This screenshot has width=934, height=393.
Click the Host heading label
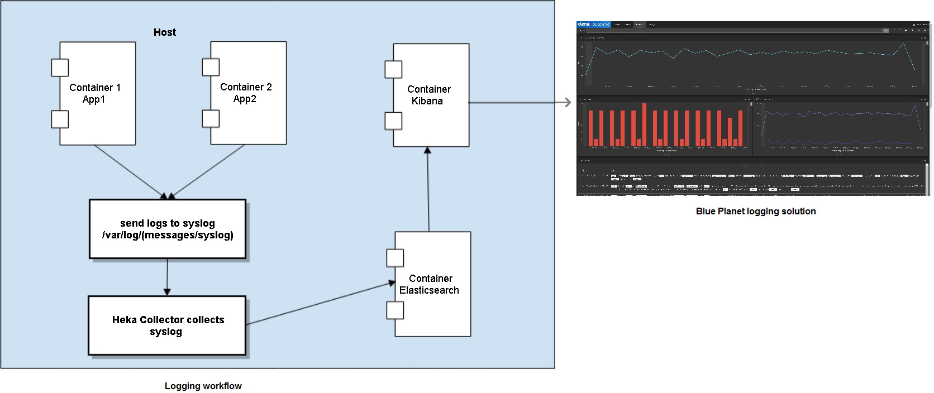[165, 32]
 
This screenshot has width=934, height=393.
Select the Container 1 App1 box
[98, 93]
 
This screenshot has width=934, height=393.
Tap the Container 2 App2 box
[249, 93]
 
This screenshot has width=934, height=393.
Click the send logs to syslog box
[168, 229]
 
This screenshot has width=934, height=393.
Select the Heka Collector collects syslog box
[167, 325]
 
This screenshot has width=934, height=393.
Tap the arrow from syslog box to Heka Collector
[167, 277]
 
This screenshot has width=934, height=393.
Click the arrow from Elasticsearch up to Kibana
[428, 189]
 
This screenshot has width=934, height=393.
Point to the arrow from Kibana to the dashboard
[520, 103]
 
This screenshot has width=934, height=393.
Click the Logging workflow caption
[203, 386]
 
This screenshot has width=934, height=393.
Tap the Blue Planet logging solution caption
[755, 211]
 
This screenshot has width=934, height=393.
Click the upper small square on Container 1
[60, 68]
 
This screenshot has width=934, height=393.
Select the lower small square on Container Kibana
[393, 121]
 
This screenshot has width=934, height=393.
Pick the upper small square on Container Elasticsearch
[395, 258]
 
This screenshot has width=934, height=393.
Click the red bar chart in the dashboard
[665, 127]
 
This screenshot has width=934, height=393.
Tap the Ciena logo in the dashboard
[584, 25]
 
